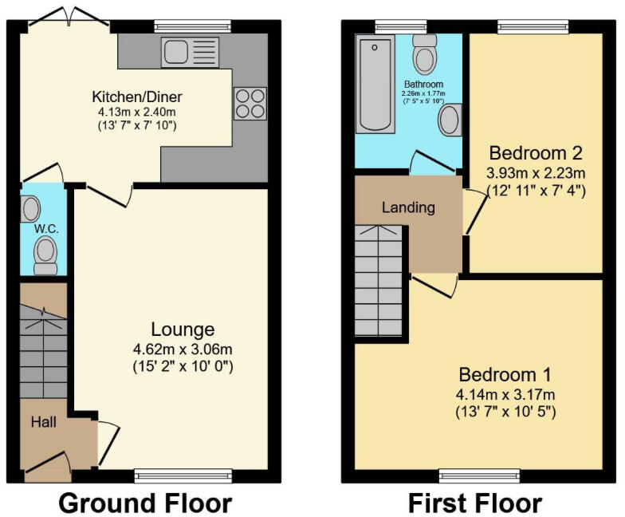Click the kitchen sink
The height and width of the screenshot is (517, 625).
click(190, 53)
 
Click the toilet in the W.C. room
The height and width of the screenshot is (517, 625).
click(45, 255)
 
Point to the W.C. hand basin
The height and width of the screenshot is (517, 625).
click(32, 210)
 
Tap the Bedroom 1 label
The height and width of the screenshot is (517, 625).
click(505, 374)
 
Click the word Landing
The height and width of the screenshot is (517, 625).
click(408, 207)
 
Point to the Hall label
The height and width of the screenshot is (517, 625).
click(44, 421)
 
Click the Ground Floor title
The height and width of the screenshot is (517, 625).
click(145, 503)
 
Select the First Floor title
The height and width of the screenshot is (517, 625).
click(475, 503)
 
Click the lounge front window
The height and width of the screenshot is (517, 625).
click(183, 476)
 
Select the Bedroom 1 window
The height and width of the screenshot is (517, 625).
click(479, 476)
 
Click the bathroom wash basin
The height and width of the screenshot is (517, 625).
click(450, 120)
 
